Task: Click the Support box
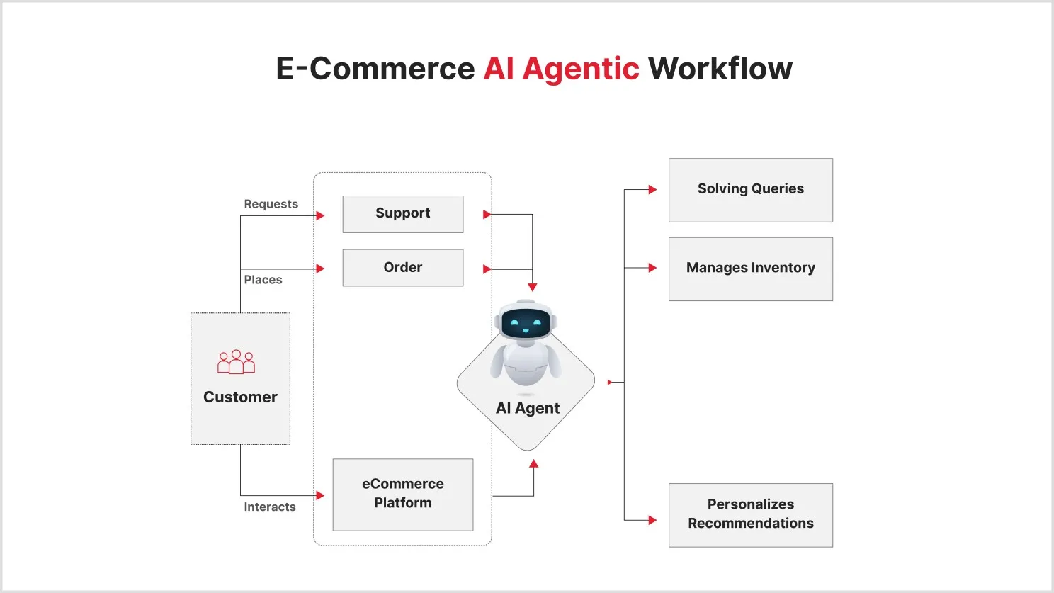click(x=402, y=214)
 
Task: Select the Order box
click(x=402, y=268)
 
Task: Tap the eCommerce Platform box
click(x=402, y=494)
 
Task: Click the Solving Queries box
click(x=750, y=190)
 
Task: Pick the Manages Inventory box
click(x=750, y=269)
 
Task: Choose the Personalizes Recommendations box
click(x=750, y=514)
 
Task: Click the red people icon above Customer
click(x=236, y=362)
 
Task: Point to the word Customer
click(x=240, y=397)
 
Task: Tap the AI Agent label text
click(x=528, y=408)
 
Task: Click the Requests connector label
click(x=271, y=204)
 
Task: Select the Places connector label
click(x=263, y=280)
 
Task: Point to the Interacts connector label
click(x=270, y=507)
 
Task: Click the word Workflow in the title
click(x=720, y=69)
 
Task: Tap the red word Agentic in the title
click(x=580, y=69)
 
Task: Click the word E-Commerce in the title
click(x=375, y=69)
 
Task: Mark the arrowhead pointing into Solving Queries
click(x=652, y=190)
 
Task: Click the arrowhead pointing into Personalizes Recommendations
click(x=652, y=520)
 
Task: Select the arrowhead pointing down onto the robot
click(x=533, y=287)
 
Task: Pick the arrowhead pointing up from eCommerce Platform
click(x=534, y=463)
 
